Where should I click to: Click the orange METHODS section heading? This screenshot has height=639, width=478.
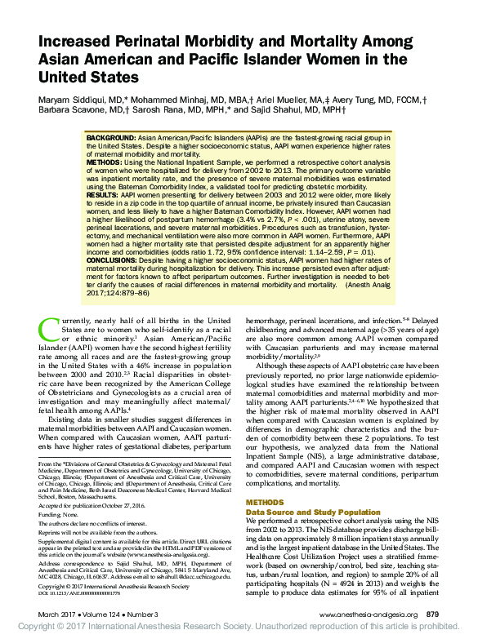(x=266, y=480)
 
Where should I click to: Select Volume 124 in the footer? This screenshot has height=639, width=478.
(x=104, y=614)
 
